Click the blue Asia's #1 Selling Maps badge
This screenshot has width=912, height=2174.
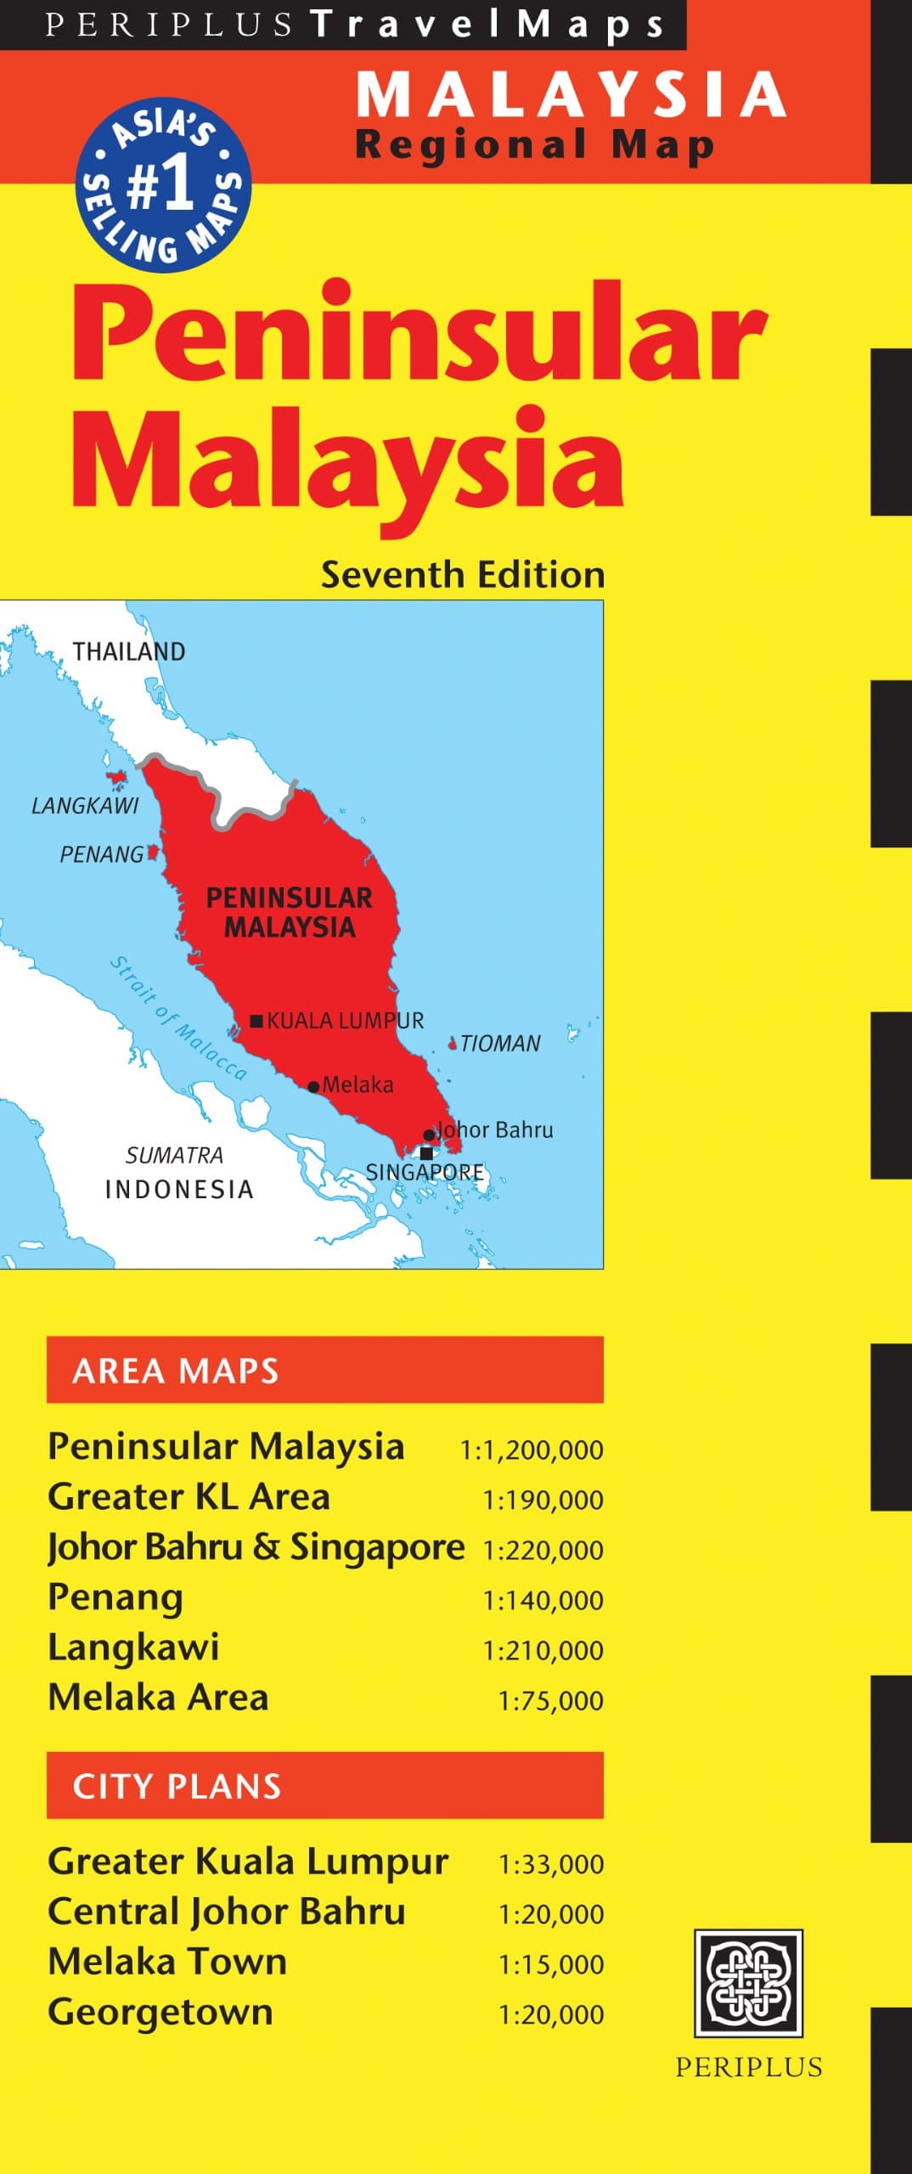coord(164,184)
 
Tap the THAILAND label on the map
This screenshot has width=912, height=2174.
coord(128,651)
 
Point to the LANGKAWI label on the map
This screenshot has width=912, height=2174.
coord(85,805)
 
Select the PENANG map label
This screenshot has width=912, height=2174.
coord(102,854)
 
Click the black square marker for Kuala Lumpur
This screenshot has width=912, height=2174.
coord(256,1020)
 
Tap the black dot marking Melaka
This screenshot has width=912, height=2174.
coord(314,1086)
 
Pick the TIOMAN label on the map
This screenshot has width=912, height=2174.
coord(500,1043)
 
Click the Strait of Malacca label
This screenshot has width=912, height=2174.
coord(178,1018)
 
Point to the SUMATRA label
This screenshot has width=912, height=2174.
coord(174,1155)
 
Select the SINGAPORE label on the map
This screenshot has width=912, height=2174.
coord(425,1172)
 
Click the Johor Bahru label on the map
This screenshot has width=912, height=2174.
coord(495,1129)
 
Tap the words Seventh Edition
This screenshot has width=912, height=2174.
coord(463,575)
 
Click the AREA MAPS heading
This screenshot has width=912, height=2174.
coord(176,1371)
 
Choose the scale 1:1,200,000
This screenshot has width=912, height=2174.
coord(532,1449)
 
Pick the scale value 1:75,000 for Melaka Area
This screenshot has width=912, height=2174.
coord(550,1700)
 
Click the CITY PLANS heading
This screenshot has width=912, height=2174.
coord(177,1786)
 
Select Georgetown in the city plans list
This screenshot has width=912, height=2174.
coord(160,2012)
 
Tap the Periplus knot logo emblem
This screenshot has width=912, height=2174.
coord(748,1983)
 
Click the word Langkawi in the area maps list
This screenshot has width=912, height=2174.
coord(133,1647)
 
